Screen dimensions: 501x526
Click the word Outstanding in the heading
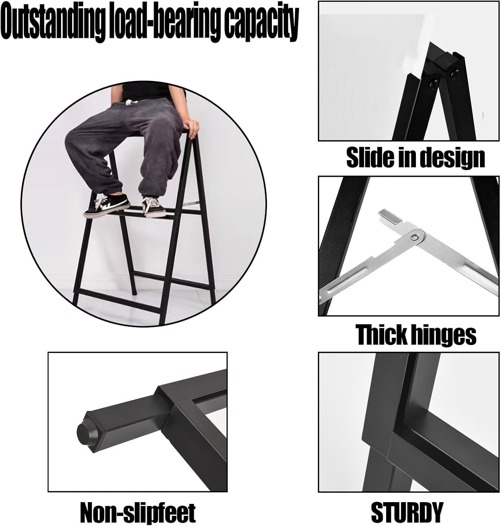[x=53, y=22]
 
